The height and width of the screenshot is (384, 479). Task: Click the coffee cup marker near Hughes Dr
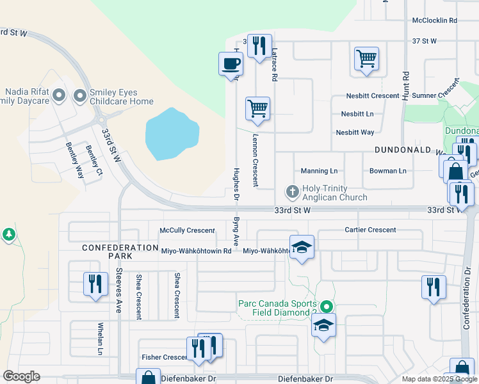[231, 64]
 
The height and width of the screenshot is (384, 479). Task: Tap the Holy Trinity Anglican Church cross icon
[292, 191]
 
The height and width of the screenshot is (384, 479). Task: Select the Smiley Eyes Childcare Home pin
[80, 96]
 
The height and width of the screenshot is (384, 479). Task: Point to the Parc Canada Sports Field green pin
[327, 308]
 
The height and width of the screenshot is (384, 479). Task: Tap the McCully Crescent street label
[187, 230]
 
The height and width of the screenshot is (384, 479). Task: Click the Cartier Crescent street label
[370, 230]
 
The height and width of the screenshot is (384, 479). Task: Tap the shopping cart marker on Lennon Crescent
[257, 108]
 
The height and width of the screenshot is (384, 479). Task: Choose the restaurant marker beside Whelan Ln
[95, 282]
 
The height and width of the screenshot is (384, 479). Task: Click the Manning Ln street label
[319, 172]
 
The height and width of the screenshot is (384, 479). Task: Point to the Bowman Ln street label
[387, 172]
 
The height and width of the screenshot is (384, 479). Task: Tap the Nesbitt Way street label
[355, 132]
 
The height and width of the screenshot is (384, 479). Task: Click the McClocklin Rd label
[434, 20]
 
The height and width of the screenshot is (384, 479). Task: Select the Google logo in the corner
[21, 376]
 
